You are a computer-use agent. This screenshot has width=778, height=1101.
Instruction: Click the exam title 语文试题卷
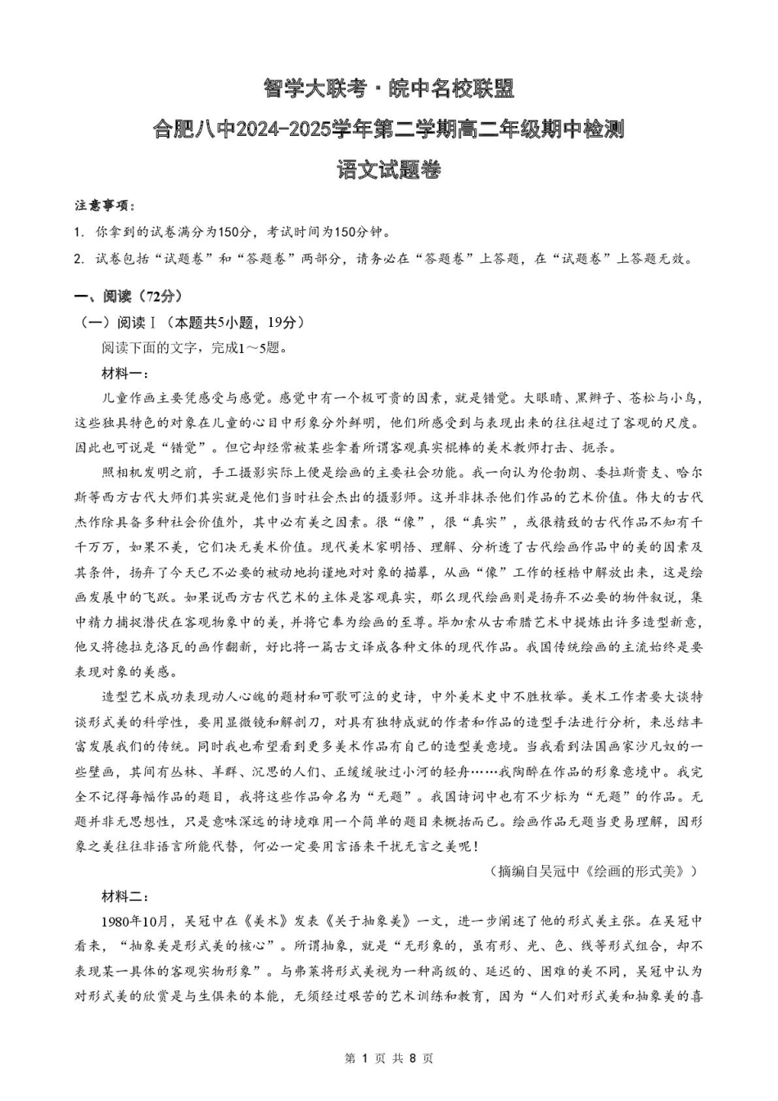388,170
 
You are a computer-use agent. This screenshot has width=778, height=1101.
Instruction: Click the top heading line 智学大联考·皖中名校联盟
388,88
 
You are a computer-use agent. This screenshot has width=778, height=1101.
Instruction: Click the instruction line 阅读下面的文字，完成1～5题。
194,347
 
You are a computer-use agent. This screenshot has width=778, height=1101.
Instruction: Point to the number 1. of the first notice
79,232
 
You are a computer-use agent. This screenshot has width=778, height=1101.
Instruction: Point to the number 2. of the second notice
79,259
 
